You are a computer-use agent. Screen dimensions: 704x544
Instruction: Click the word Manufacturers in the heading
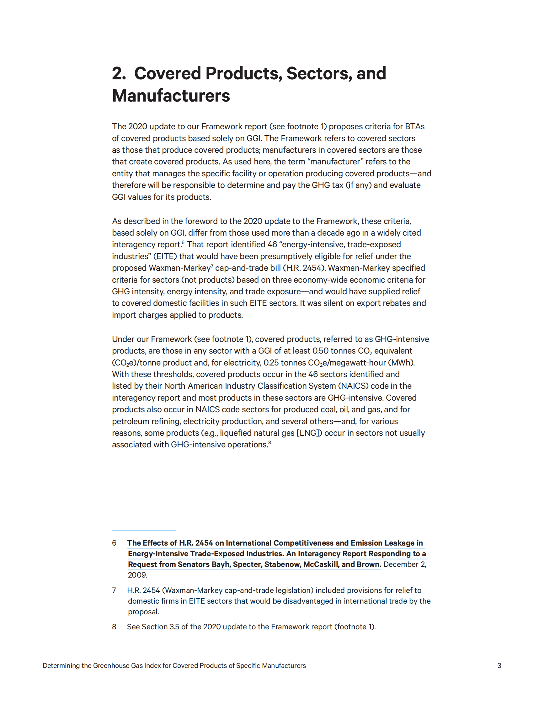171,96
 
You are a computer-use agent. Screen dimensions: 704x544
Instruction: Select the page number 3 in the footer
499,666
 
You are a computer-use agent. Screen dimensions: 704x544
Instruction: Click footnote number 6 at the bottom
114,543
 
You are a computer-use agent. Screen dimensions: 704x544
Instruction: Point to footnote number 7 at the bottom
114,590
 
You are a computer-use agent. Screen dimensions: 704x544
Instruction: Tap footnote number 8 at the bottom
114,627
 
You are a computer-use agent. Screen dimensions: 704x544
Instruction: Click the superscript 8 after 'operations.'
270,443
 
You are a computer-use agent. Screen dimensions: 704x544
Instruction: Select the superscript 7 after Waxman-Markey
212,266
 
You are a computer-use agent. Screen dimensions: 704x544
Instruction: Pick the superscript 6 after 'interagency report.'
183,243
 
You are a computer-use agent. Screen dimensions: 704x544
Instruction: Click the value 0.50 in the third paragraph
320,351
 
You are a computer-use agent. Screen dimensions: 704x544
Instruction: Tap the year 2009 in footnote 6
137,575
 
